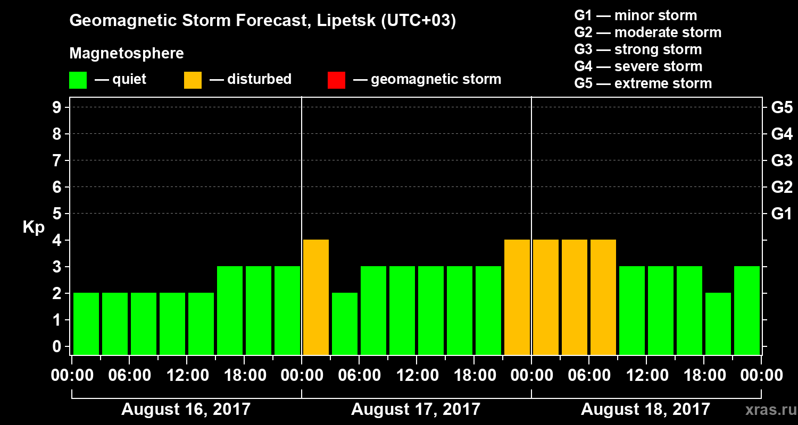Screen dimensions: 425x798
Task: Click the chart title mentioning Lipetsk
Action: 263,21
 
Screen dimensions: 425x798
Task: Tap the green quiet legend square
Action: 78,80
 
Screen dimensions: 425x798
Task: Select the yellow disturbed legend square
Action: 193,80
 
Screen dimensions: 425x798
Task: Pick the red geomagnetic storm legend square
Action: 336,80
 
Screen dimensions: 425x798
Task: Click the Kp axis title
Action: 34,227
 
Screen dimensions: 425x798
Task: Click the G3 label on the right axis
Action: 782,161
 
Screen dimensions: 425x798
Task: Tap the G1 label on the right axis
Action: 782,214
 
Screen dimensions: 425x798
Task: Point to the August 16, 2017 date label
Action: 186,410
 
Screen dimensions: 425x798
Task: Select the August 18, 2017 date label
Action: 645,410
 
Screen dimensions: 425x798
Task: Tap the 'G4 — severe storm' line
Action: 638,66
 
